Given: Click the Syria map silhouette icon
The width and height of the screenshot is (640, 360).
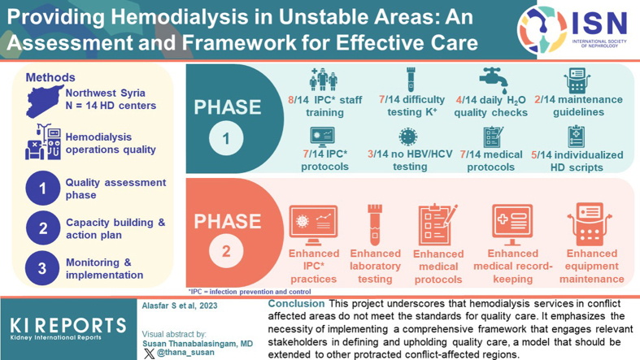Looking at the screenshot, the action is click(44, 101).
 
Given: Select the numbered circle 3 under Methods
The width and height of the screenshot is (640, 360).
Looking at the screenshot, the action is click(42, 268).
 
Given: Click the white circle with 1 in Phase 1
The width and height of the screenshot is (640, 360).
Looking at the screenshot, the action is click(226, 139).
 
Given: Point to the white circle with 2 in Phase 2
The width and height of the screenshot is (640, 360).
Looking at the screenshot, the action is click(226, 251).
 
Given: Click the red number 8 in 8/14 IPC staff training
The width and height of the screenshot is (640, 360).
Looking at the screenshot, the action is click(291, 100).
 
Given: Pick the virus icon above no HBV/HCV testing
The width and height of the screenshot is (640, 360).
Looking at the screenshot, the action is click(407, 137).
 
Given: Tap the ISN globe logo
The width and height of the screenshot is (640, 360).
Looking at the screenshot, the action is click(542, 30).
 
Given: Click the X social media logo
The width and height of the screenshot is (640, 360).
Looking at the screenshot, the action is click(149, 353).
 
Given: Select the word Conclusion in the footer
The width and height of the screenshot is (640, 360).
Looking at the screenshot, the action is click(296, 304).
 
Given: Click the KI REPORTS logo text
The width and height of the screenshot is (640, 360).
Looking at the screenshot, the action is click(68, 326).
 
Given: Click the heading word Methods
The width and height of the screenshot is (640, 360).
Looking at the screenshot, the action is click(50, 77).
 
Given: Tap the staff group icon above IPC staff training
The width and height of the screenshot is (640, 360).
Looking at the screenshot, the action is click(324, 80).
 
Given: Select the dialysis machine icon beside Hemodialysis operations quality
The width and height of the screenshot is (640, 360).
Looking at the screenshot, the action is click(43, 141).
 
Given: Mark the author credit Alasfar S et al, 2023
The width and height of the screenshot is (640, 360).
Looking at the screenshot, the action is click(180, 306).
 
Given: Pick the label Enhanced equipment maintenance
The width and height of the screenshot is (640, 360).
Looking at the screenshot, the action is click(591, 267).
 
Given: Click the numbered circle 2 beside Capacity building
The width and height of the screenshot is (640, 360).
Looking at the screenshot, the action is click(43, 228).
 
